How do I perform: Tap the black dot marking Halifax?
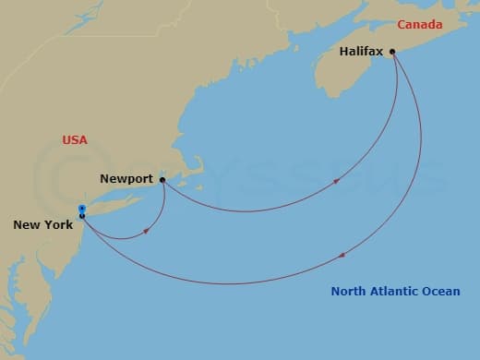(392, 52)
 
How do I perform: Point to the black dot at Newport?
(162, 180)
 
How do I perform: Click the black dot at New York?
(82, 216)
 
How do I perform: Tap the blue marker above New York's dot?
(82, 209)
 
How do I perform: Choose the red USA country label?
(75, 140)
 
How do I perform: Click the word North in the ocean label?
(350, 292)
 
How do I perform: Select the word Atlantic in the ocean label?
(395, 292)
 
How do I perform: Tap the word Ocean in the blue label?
(442, 292)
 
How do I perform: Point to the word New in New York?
(26, 224)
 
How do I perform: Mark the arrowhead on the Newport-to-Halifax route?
(336, 181)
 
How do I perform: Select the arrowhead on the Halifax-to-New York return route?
(343, 255)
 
